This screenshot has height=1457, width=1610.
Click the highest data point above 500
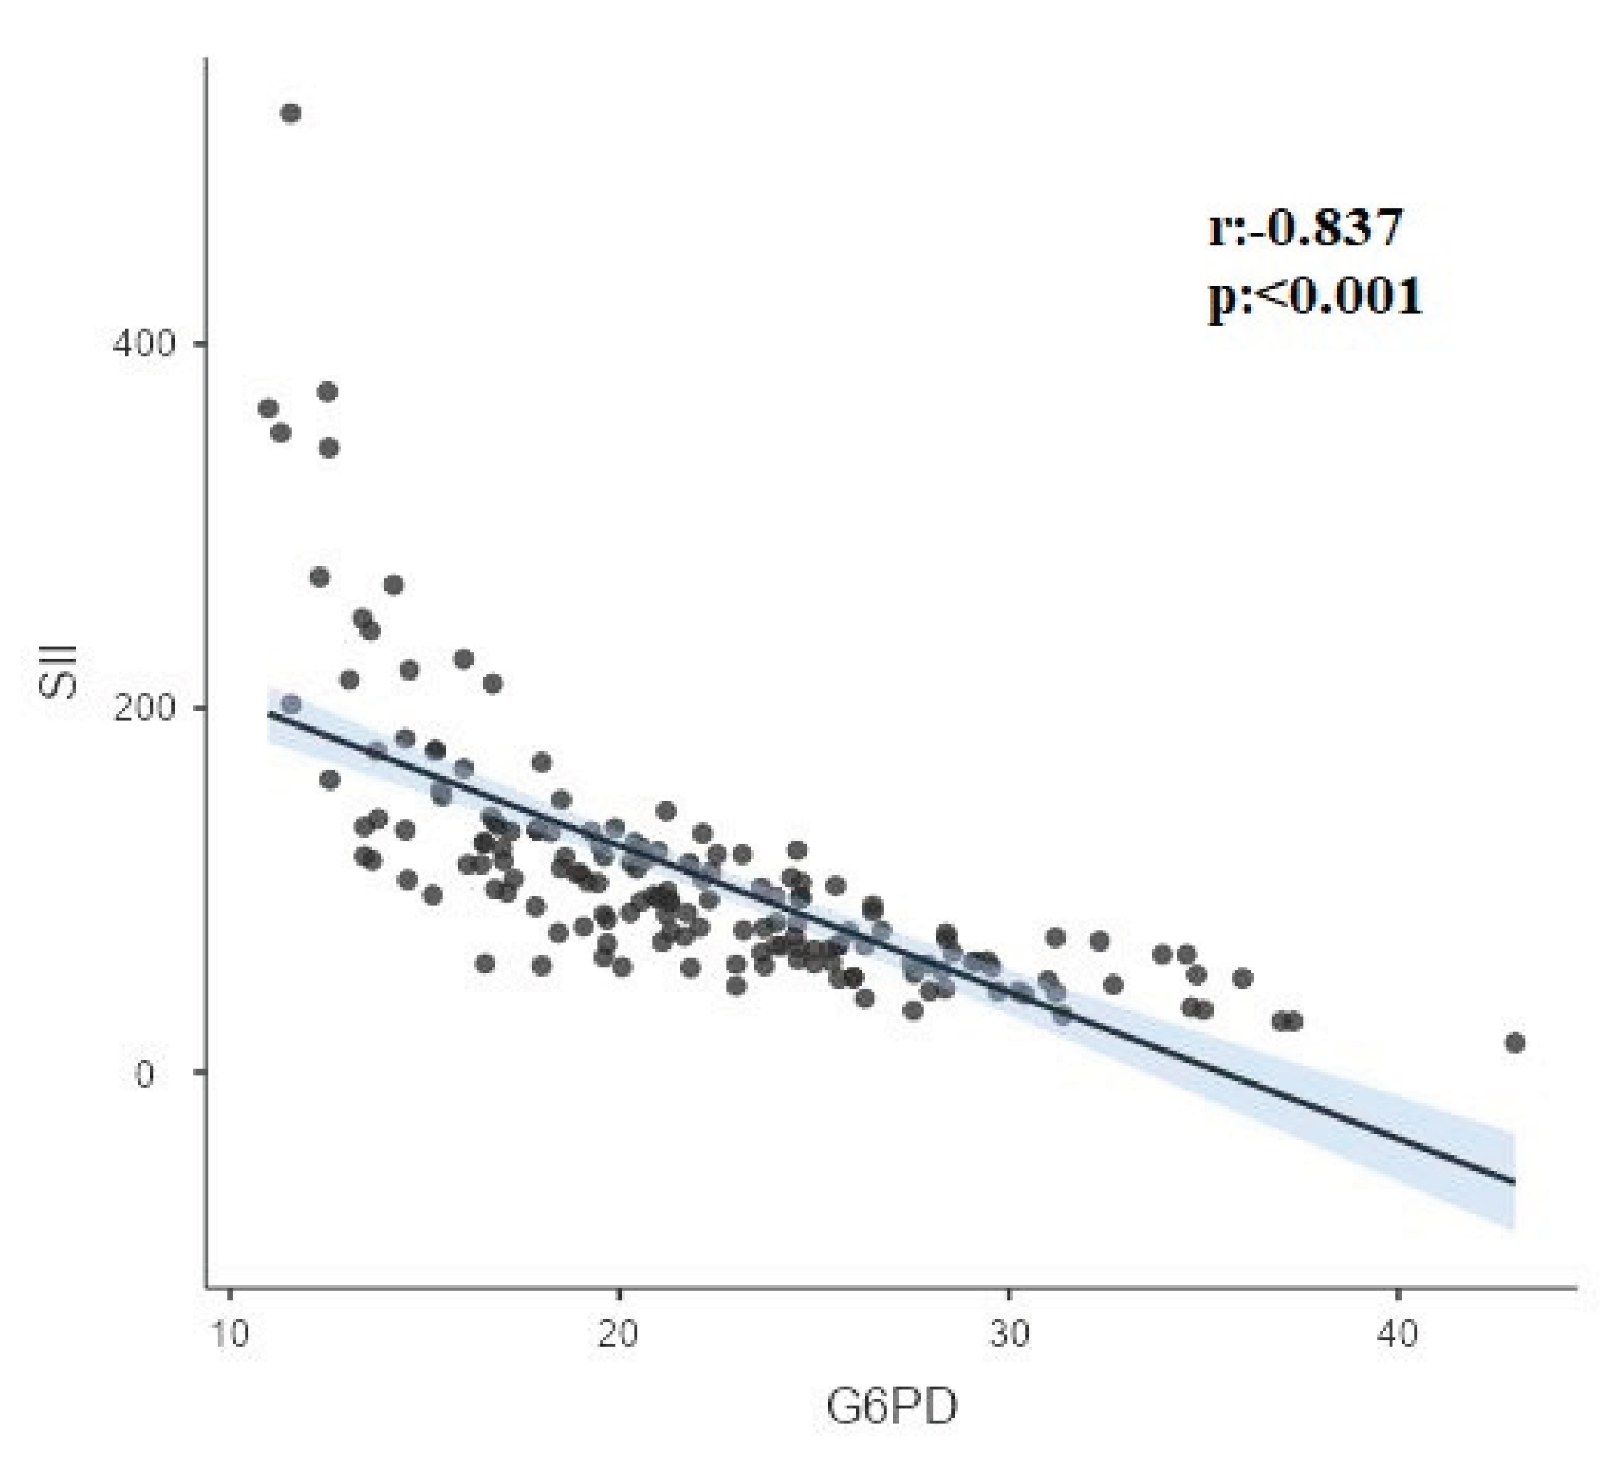coord(290,113)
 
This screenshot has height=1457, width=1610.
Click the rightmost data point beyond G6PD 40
coord(1514,1043)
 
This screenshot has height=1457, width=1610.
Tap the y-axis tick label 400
coord(143,344)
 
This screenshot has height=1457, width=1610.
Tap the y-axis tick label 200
coord(143,708)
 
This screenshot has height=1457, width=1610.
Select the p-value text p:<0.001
coord(1316,296)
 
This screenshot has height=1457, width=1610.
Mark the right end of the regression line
coord(1514,1183)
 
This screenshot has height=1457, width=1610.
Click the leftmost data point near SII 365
coord(269,409)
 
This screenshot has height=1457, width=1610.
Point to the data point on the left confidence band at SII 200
coord(291,705)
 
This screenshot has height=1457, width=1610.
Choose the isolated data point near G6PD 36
coord(1242,978)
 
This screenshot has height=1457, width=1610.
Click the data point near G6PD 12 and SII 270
coord(319,578)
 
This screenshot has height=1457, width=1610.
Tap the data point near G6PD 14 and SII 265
coord(393,585)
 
